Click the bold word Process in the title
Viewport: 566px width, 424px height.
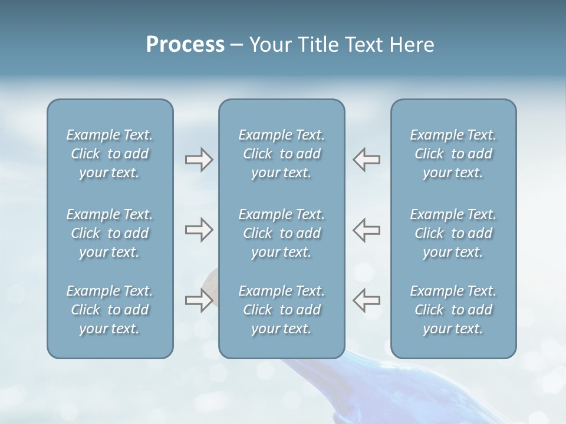[x=185, y=45]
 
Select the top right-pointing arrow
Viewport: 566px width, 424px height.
[x=199, y=160]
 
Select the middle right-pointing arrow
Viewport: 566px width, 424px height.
[x=199, y=230]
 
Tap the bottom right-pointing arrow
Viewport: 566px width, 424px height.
[x=199, y=300]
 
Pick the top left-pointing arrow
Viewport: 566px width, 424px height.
[x=367, y=160]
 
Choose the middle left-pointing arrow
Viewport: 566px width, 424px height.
[x=367, y=230]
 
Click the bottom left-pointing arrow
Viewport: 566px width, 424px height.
[x=367, y=300]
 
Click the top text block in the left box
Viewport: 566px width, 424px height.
[x=110, y=154]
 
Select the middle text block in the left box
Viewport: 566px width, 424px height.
[x=110, y=233]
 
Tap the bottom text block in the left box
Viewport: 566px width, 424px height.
[x=110, y=310]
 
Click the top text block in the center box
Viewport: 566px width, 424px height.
[x=282, y=154]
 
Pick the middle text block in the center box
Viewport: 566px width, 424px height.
[x=282, y=233]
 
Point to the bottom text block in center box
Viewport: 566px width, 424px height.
[x=282, y=310]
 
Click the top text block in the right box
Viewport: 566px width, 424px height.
[x=453, y=154]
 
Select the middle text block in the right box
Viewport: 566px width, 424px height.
[x=453, y=233]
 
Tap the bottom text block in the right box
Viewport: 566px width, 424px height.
[x=453, y=310]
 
